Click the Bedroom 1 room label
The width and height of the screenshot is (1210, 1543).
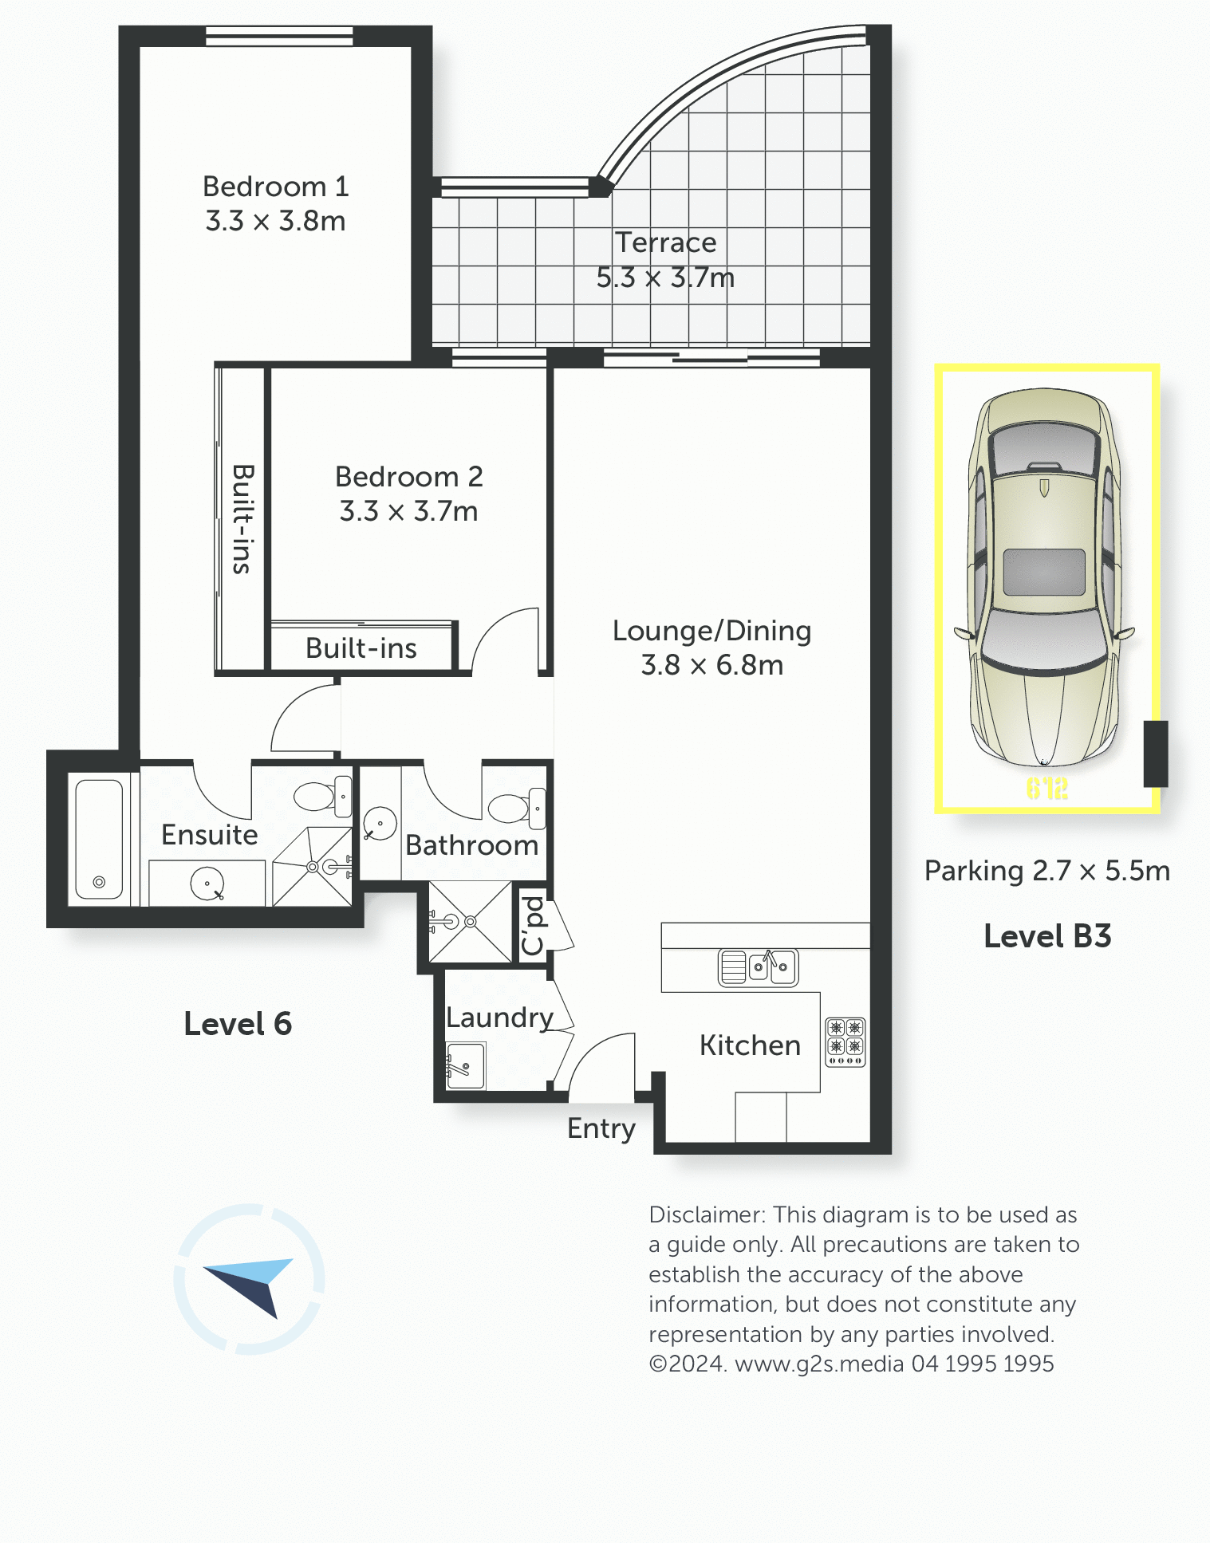pyautogui.click(x=275, y=187)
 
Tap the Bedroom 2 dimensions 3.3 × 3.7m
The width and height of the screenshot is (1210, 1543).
pyautogui.click(x=408, y=511)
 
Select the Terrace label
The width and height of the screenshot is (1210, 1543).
pyautogui.click(x=665, y=242)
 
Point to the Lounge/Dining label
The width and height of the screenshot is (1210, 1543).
pyautogui.click(x=711, y=631)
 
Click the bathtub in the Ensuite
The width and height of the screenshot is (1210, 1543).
pyautogui.click(x=99, y=839)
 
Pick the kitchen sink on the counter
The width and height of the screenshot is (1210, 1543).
pyautogui.click(x=758, y=967)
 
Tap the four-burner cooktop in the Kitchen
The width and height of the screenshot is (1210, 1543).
pyautogui.click(x=845, y=1041)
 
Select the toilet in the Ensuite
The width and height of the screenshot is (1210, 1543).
pyautogui.click(x=323, y=795)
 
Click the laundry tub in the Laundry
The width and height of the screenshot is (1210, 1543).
pyautogui.click(x=466, y=1065)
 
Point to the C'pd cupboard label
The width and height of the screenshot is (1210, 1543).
pyautogui.click(x=532, y=926)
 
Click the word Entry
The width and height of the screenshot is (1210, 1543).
pyautogui.click(x=601, y=1129)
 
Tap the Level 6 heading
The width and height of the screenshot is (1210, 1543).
pyautogui.click(x=238, y=1024)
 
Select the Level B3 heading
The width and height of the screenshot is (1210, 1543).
pyautogui.click(x=1047, y=936)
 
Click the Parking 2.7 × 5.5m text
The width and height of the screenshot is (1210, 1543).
pyautogui.click(x=1047, y=871)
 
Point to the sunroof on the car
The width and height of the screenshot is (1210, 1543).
pyautogui.click(x=1044, y=572)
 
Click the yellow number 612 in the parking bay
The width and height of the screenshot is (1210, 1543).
pyautogui.click(x=1046, y=789)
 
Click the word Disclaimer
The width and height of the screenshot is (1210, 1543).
pyautogui.click(x=707, y=1214)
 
